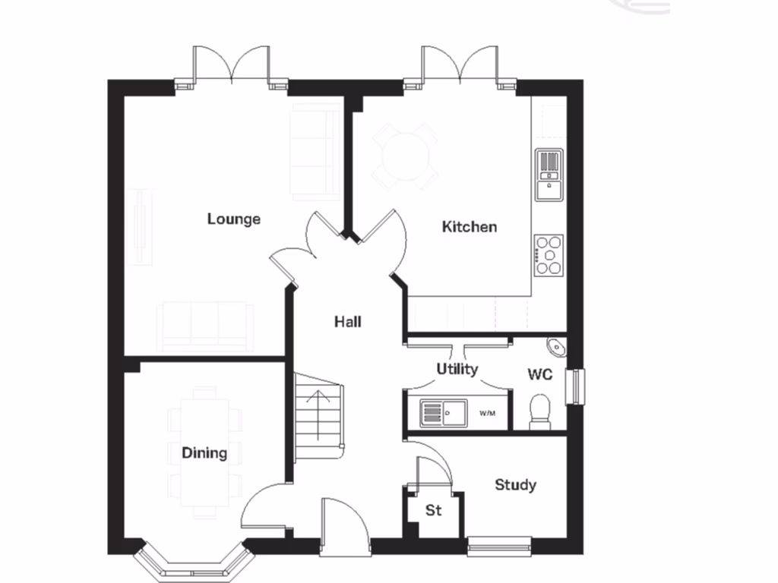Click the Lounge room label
pos(234,219)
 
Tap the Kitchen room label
pos(470,227)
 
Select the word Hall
pos(347,322)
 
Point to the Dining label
pos(204,453)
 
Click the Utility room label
pos(457,369)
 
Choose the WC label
pos(539,375)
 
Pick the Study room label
pos(515,484)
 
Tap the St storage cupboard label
pos(433,511)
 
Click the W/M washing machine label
pos(487,414)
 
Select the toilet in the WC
pos(539,411)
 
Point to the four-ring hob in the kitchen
pos(549,255)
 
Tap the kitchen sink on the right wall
pos(549,175)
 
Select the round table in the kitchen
pos(404,156)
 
